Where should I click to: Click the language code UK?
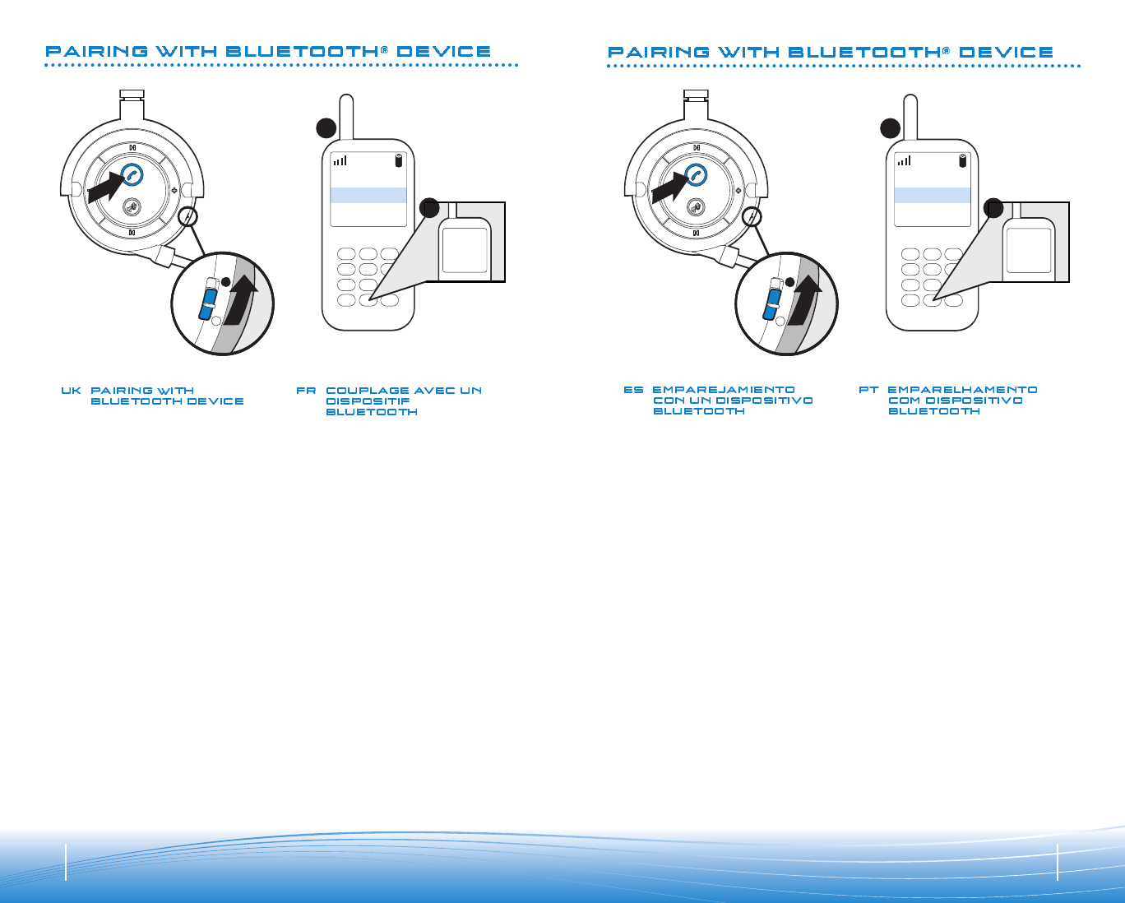71,391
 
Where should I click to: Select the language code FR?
306,391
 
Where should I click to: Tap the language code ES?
633,390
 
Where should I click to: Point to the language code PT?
868,390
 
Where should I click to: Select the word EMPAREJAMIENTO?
724,390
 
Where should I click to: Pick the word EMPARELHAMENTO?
962,390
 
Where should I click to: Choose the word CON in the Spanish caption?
667,401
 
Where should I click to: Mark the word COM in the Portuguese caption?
903,401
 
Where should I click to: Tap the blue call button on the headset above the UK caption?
132,174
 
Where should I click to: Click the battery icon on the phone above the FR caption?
399,160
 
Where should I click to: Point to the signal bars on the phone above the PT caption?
905,161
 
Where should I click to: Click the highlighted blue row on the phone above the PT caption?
932,195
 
